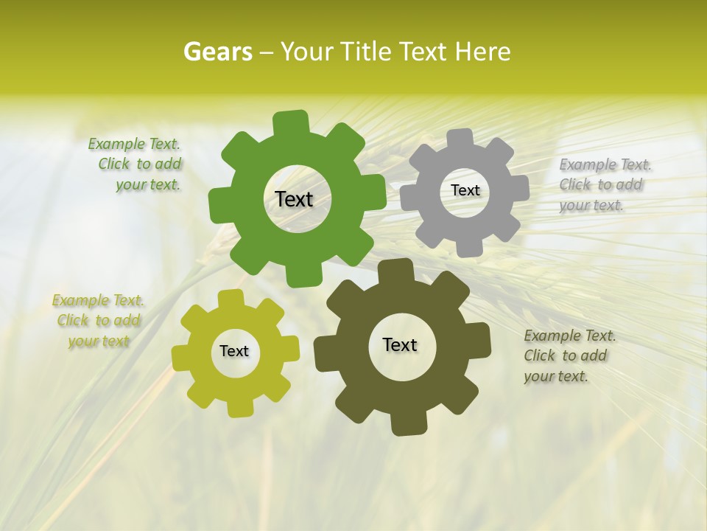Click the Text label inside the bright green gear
[x=294, y=199]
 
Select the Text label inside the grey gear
[x=465, y=190]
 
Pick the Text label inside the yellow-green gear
[x=234, y=351]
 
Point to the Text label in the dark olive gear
[x=400, y=344]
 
